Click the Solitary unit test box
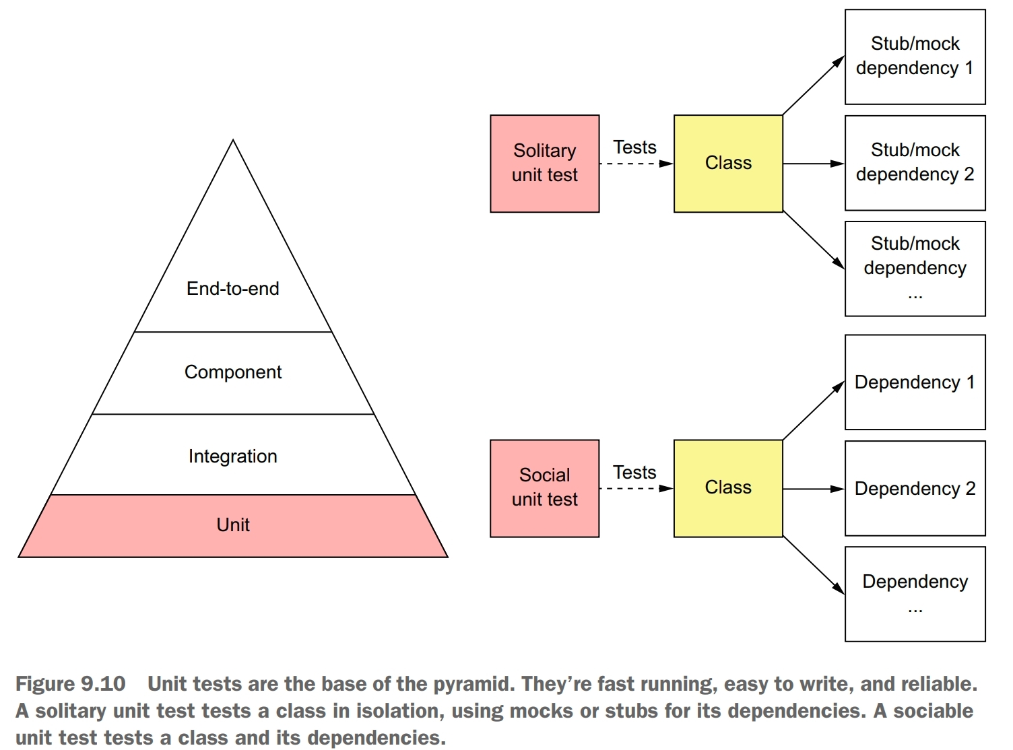coord(544,164)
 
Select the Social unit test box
coord(544,488)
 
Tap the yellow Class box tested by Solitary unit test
coord(728,164)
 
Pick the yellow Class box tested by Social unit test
coord(728,488)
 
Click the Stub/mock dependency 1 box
coord(915,57)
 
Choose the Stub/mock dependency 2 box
coord(915,163)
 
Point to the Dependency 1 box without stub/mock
coord(915,382)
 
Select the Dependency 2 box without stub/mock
coord(915,489)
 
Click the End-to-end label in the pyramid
coord(233,289)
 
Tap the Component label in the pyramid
coord(233,372)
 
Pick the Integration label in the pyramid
coord(233,456)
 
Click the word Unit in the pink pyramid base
coord(233,525)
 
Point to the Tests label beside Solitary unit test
coord(634,147)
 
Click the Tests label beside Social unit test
coord(634,473)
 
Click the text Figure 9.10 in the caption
coord(71,684)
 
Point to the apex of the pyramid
coord(233,141)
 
